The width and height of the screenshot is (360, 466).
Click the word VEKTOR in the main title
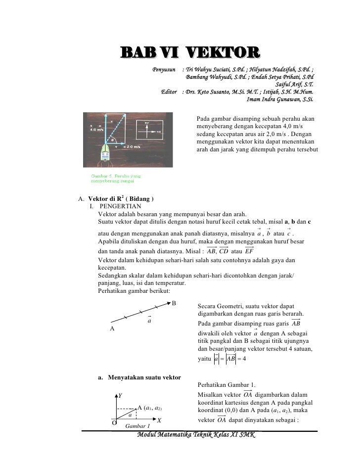(x=223, y=53)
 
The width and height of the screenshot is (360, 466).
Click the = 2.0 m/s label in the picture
(x=128, y=147)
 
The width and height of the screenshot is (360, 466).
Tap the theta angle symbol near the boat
(x=112, y=140)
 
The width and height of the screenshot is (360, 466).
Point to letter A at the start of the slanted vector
(x=112, y=328)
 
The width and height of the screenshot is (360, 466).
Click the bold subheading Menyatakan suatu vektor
(x=139, y=378)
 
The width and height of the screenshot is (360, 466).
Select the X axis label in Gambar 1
(x=159, y=420)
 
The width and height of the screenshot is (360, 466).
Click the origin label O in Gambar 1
(x=114, y=424)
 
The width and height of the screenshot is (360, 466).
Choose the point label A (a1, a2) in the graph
(x=149, y=408)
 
